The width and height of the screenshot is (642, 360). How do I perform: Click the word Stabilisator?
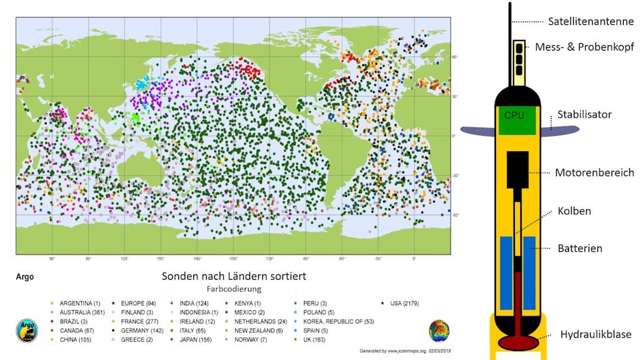point(584,114)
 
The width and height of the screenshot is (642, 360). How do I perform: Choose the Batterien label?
point(578,249)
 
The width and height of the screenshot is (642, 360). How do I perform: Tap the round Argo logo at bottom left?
point(26,331)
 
